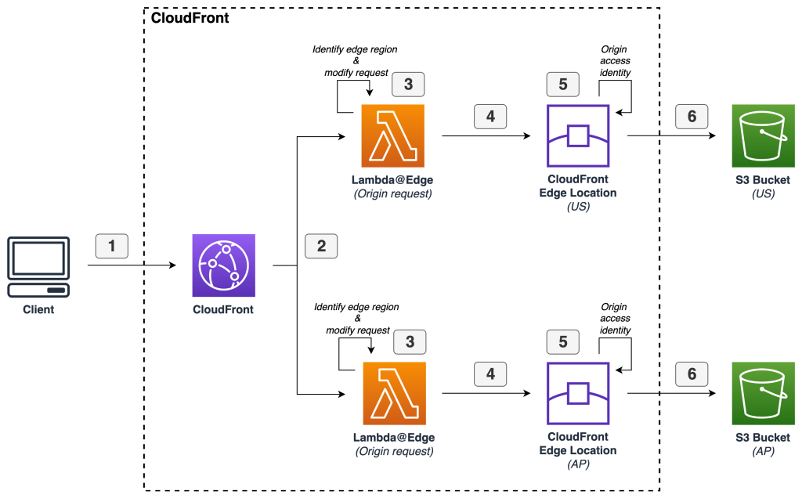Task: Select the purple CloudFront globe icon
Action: pos(224,266)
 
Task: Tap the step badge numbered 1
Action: pos(112,246)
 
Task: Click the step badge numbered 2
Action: pos(321,246)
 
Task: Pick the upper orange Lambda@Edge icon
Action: pos(393,135)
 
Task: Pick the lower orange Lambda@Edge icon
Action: pos(393,393)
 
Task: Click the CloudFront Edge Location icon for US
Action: pos(577,136)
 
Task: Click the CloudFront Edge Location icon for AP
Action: pos(577,393)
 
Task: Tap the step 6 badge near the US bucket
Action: pos(692,117)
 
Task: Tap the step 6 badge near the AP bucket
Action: pos(692,373)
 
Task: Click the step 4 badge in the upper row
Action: pos(490,117)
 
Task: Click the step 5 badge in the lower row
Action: pos(564,341)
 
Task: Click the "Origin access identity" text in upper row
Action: pos(615,60)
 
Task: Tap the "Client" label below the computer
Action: pos(38,309)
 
